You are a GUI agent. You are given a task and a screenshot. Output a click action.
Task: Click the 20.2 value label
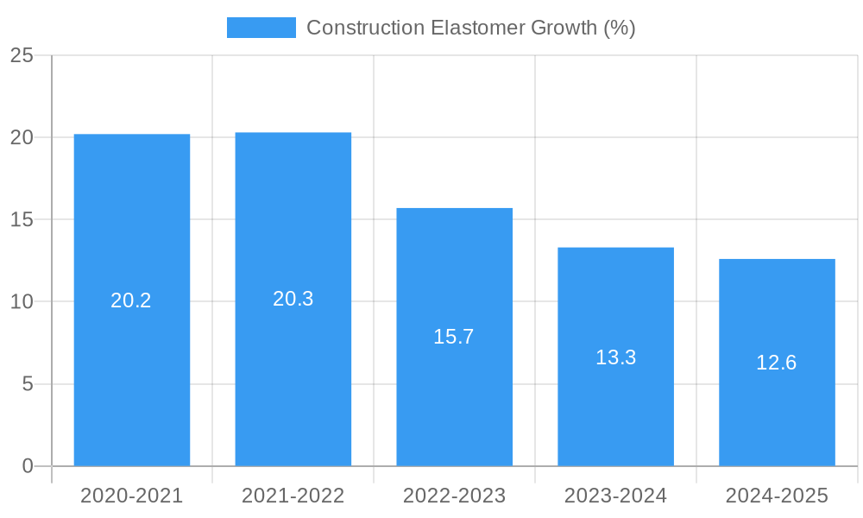click(131, 300)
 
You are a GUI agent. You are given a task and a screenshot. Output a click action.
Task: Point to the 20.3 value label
click(293, 299)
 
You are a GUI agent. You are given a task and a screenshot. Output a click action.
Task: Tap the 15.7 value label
click(454, 337)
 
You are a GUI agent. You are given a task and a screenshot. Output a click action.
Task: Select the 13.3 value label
click(615, 357)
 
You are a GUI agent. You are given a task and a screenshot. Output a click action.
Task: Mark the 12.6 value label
click(777, 363)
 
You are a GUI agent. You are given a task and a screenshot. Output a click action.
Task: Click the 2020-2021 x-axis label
click(132, 496)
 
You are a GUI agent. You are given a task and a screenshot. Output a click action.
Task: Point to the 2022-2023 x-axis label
click(455, 496)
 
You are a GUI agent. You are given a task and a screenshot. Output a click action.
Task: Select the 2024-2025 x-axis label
click(777, 496)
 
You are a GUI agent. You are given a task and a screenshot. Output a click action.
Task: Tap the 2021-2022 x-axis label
click(293, 496)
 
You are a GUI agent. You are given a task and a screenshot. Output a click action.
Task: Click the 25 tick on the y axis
click(22, 55)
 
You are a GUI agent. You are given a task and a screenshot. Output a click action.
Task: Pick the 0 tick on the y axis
click(27, 466)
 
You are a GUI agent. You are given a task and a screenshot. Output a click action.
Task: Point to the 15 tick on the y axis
click(22, 219)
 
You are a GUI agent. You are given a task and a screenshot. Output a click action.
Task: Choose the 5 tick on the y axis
click(27, 383)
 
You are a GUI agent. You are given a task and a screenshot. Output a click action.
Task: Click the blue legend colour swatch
click(261, 28)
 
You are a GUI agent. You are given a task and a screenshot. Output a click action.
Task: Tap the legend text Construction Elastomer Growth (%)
click(471, 28)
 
